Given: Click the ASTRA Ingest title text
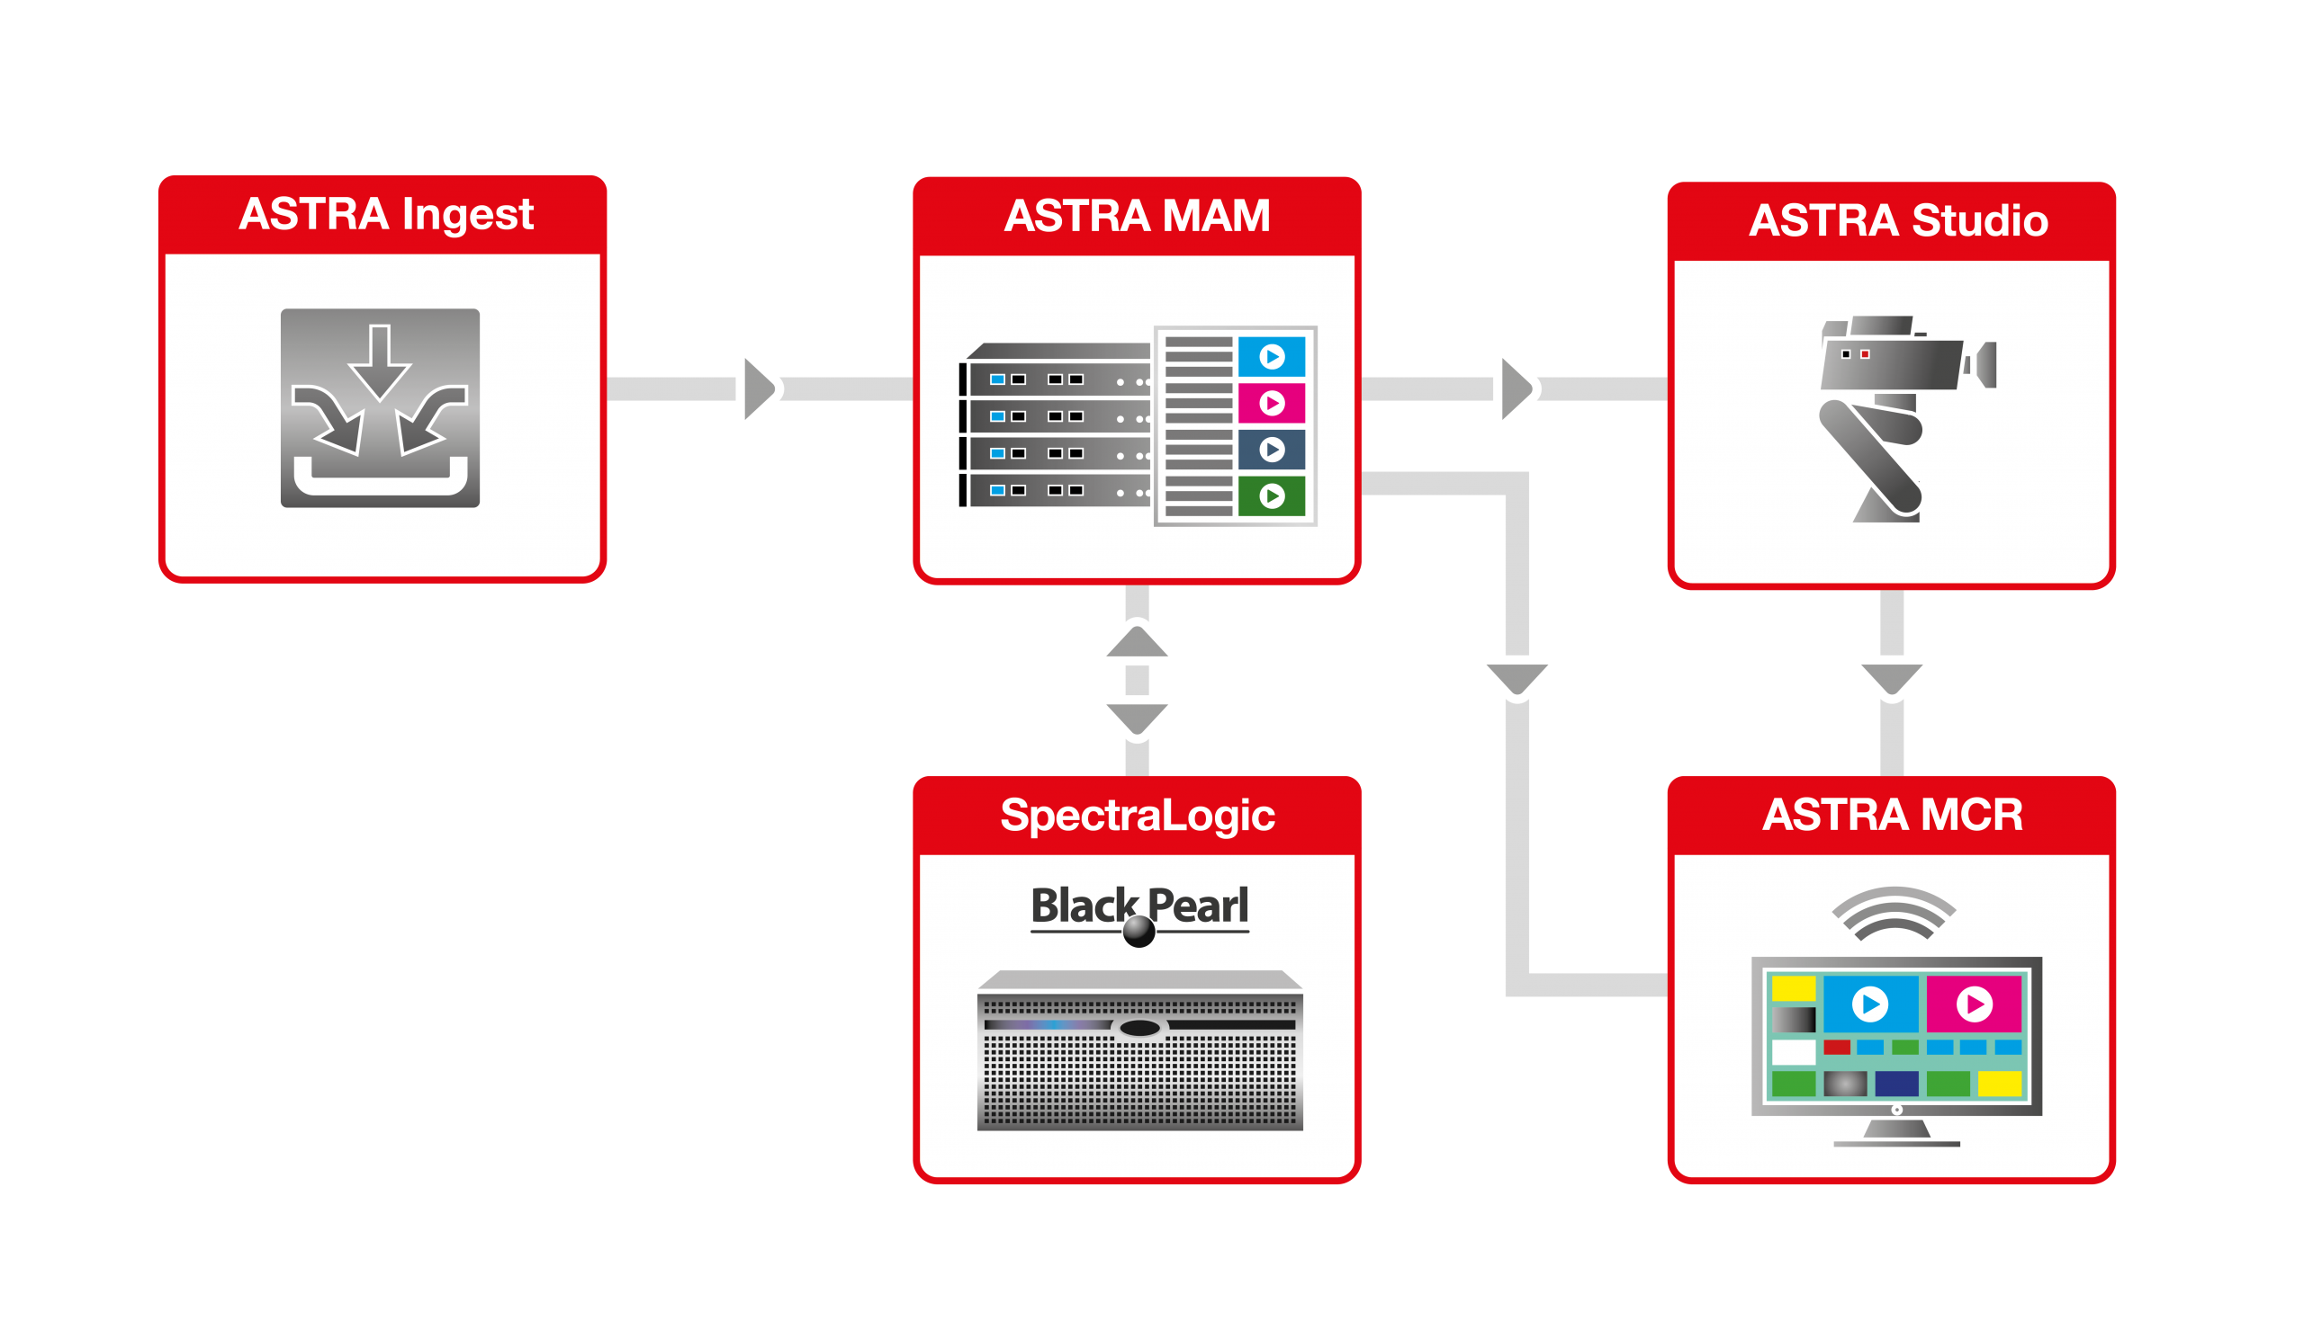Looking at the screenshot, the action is (x=386, y=215).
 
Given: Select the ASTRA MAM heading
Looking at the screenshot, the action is (x=1137, y=216).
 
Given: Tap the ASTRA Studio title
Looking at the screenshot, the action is (x=1898, y=220).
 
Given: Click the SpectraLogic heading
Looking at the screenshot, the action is (x=1137, y=815).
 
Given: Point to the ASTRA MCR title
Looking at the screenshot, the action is (x=1892, y=814).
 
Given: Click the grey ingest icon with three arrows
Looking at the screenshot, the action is (x=380, y=407).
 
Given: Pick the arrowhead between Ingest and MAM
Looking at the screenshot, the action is (x=760, y=389).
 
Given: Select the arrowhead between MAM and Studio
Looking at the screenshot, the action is (x=1517, y=389).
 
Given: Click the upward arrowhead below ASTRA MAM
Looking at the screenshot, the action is (x=1137, y=641).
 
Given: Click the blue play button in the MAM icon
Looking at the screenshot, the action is (x=1272, y=356).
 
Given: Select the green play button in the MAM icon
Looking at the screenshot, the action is (x=1272, y=496).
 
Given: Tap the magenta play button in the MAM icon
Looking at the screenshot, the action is (x=1272, y=403).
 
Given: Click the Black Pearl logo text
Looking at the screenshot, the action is (x=1139, y=907).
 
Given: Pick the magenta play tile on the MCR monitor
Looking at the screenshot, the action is (x=1973, y=1004).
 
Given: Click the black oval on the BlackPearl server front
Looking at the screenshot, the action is (x=1139, y=1029).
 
